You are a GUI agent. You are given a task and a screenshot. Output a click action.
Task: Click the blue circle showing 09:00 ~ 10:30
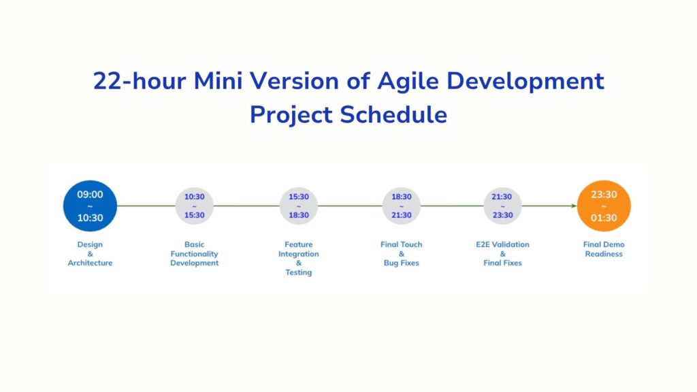pyautogui.click(x=90, y=206)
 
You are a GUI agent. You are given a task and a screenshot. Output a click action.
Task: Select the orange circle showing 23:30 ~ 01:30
pyautogui.click(x=604, y=206)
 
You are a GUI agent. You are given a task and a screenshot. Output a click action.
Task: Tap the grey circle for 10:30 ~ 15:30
pyautogui.click(x=194, y=206)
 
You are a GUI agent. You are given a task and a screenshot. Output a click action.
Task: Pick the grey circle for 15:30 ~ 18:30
pyautogui.click(x=299, y=206)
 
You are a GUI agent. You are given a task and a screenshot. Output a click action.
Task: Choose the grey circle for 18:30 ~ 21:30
pyautogui.click(x=402, y=206)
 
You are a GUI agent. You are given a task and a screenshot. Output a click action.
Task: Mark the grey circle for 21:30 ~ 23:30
pyautogui.click(x=502, y=206)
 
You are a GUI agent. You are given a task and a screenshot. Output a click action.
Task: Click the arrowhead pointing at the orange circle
pyautogui.click(x=573, y=206)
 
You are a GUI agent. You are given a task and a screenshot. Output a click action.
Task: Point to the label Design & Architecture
pyautogui.click(x=90, y=254)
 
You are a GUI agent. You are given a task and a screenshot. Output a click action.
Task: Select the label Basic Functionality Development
pyautogui.click(x=194, y=254)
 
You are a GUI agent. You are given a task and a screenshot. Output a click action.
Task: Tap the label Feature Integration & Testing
pyautogui.click(x=299, y=259)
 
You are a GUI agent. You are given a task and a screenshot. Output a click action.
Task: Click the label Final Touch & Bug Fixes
pyautogui.click(x=402, y=254)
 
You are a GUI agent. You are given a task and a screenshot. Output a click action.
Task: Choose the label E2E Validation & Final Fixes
pyautogui.click(x=502, y=254)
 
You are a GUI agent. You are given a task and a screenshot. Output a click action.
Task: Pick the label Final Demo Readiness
pyautogui.click(x=604, y=249)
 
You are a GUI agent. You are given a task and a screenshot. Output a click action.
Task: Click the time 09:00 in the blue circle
pyautogui.click(x=90, y=195)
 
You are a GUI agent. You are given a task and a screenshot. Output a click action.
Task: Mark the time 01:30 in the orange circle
pyautogui.click(x=604, y=218)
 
